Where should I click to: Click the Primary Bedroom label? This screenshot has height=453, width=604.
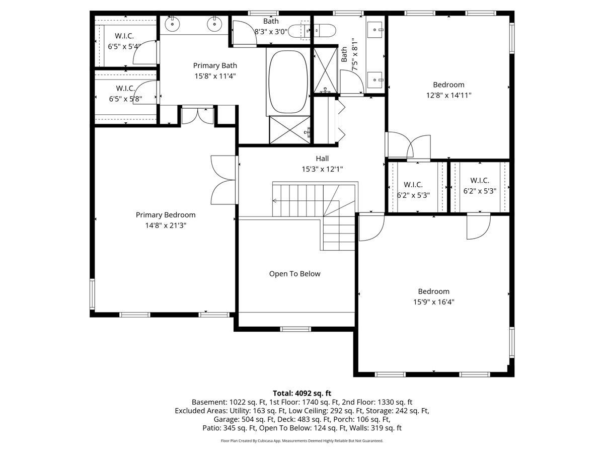click(x=166, y=215)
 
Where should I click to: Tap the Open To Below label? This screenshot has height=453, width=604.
click(x=295, y=274)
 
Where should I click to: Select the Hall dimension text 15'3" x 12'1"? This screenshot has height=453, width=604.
click(x=322, y=169)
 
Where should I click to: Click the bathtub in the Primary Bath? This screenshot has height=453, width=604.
click(x=288, y=82)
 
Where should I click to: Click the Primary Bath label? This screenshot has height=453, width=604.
click(x=215, y=65)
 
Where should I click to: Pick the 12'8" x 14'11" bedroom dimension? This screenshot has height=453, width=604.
click(x=449, y=95)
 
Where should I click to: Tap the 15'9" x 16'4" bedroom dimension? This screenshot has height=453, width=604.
click(x=434, y=301)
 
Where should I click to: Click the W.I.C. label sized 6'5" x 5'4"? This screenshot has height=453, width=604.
click(x=124, y=36)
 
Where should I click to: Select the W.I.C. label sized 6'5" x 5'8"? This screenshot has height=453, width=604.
click(x=125, y=88)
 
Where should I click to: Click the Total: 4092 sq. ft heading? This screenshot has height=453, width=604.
click(x=302, y=393)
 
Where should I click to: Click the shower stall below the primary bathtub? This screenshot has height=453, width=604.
click(x=290, y=130)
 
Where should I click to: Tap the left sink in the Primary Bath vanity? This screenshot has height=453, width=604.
click(x=173, y=24)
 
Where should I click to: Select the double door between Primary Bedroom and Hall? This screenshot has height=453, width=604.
click(x=223, y=180)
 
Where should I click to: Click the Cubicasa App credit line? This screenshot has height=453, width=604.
click(x=302, y=440)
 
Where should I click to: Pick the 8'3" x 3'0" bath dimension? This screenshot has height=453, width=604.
click(x=271, y=32)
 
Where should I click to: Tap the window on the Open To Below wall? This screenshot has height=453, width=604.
click(x=295, y=329)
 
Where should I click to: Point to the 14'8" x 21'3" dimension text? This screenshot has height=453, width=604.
click(x=166, y=225)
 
